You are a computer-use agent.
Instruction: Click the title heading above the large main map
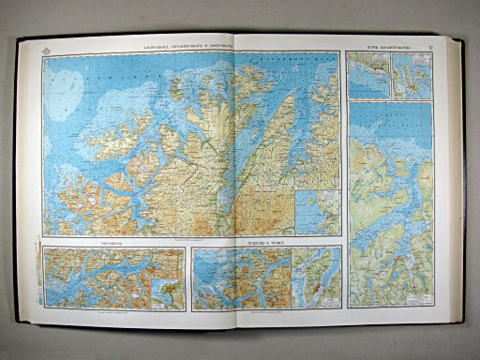click(193, 43)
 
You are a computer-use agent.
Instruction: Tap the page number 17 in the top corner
click(427, 38)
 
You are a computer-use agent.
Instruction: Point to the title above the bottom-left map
click(112, 241)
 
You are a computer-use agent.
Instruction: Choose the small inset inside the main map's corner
click(318, 212)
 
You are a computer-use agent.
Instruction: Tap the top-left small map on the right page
click(367, 74)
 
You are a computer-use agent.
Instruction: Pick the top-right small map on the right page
click(411, 74)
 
